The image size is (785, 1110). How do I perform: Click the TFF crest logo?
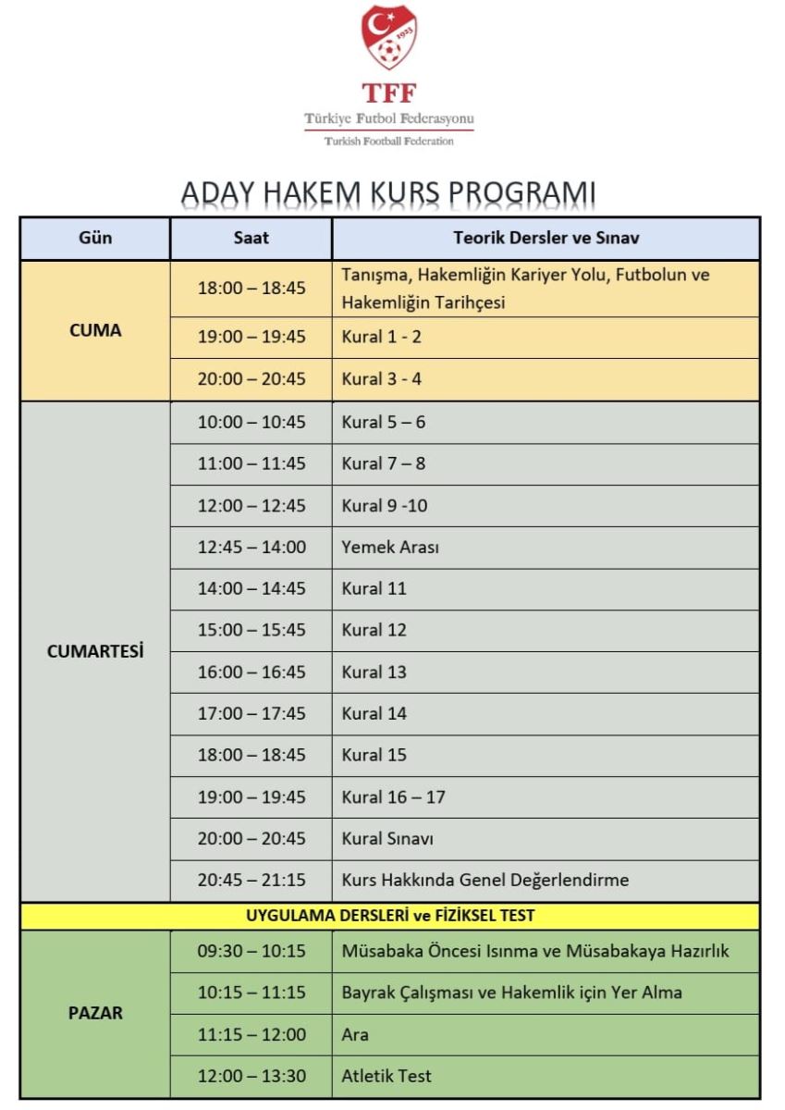coord(389,38)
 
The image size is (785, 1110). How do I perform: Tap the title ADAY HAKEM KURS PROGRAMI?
coord(388,192)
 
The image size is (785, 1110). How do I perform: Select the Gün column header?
coord(95,238)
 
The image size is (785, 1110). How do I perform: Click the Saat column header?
coord(251,238)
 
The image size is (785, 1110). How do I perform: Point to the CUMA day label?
coord(95,330)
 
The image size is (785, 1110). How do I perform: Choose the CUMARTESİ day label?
coord(95,651)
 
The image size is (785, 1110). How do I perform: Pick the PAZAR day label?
coord(95,1013)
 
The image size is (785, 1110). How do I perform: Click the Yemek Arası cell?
coord(390,547)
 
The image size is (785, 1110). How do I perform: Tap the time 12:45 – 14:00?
coord(251,547)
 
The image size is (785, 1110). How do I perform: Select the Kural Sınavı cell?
coord(387,839)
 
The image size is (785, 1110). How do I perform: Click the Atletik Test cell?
coord(386,1076)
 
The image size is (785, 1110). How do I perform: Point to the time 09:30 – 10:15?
coord(251,951)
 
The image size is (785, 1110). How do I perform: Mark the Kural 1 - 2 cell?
coord(381,337)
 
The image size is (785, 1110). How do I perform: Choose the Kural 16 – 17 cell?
coord(393,796)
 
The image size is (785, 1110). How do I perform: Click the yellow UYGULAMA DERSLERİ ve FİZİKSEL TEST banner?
coord(389,917)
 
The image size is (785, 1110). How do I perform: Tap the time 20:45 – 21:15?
coord(251,880)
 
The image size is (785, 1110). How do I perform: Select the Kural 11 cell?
coord(374,588)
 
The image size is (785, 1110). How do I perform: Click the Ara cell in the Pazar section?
coord(355,1034)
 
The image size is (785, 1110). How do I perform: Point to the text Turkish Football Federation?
coord(389,142)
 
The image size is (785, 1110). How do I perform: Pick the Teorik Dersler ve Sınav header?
coord(546,238)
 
